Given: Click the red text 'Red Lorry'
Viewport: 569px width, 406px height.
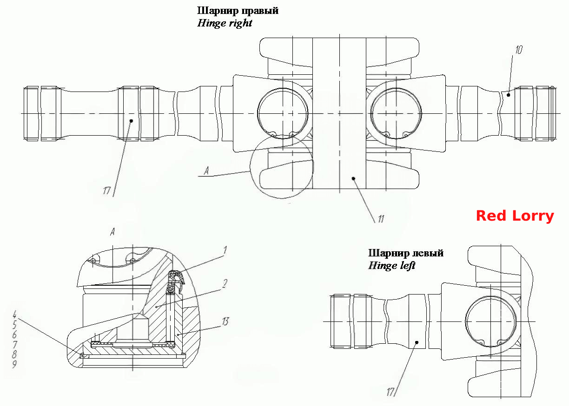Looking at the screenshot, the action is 515,216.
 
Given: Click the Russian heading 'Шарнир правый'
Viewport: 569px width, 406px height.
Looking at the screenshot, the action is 238,11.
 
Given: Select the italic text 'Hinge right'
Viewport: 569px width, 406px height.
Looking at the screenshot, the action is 225,23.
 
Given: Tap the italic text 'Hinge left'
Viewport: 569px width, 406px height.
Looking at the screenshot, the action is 392,266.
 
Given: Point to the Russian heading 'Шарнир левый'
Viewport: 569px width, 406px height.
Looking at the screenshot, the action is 406,253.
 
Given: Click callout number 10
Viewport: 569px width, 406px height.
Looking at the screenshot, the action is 519,50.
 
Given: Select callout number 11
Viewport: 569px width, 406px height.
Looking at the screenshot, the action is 381,219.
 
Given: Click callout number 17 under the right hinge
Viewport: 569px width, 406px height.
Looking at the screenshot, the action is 107,190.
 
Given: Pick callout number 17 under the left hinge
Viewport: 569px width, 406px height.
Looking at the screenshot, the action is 390,392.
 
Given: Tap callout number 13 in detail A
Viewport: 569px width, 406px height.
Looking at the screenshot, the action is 225,321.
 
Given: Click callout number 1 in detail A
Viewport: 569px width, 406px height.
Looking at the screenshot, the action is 225,250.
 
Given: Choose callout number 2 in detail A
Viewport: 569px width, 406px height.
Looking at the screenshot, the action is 225,284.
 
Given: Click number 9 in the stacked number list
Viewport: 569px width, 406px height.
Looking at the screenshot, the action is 14,364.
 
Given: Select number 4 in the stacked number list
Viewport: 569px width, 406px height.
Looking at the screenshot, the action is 14,314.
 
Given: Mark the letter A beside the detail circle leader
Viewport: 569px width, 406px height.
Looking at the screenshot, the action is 206,171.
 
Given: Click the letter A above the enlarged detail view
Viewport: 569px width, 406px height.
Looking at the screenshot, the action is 112,231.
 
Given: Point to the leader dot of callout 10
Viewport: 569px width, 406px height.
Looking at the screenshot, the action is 508,95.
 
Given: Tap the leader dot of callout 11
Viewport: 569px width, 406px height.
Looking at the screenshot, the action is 353,178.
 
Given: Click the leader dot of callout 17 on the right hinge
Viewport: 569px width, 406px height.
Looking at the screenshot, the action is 132,121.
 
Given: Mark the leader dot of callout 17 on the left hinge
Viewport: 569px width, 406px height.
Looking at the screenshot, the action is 417,342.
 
